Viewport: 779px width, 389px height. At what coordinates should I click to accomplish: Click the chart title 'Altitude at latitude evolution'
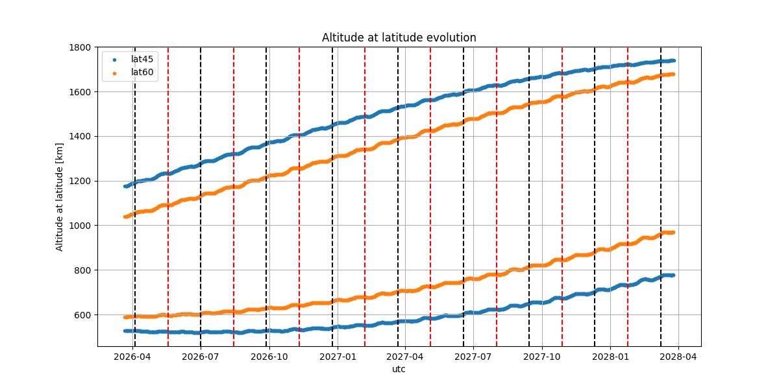click(x=399, y=38)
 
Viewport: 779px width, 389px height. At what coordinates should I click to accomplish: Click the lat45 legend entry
click(x=142, y=59)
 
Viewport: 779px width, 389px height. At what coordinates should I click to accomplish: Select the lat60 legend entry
click(x=142, y=72)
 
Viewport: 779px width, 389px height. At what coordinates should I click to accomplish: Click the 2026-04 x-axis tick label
click(x=132, y=356)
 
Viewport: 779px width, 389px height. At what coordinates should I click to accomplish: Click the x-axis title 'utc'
click(x=399, y=369)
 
